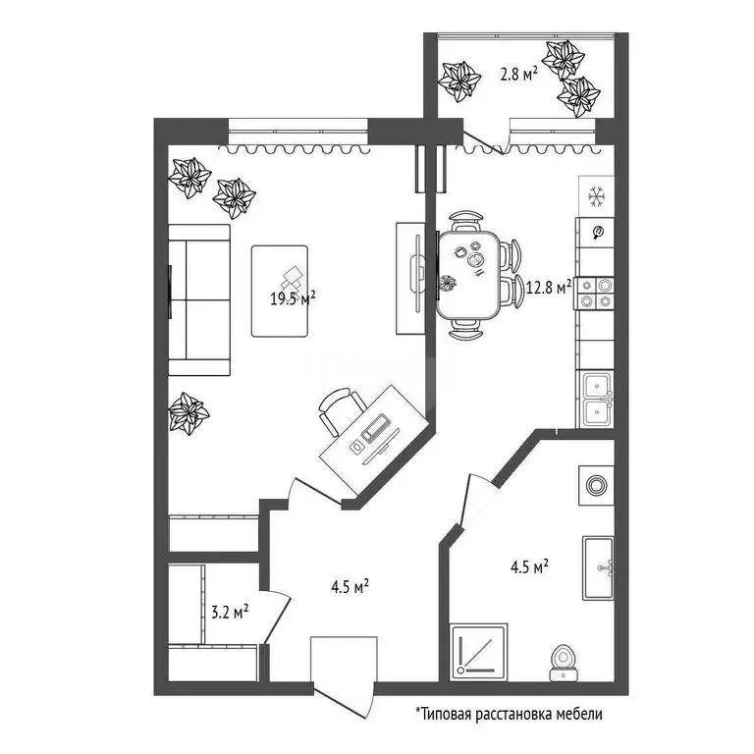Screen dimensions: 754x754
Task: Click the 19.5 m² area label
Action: [293, 298]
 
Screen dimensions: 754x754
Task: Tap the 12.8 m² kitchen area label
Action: [549, 288]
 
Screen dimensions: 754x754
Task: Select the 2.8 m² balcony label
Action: [518, 75]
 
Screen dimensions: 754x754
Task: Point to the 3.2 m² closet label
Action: [230, 613]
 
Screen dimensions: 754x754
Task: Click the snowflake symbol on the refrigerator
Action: [597, 196]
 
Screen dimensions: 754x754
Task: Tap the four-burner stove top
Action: [595, 294]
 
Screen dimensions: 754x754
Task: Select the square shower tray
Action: [479, 652]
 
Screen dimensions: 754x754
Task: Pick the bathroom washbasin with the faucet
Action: [598, 567]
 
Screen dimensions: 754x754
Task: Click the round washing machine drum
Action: [596, 486]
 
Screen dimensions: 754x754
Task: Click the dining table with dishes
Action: [469, 275]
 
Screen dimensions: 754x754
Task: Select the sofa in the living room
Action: [199, 300]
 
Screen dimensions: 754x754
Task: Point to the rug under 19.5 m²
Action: [280, 291]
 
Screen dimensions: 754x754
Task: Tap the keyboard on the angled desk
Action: [376, 427]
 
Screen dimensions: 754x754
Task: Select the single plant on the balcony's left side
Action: [460, 81]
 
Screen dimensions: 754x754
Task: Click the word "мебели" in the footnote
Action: [579, 714]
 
